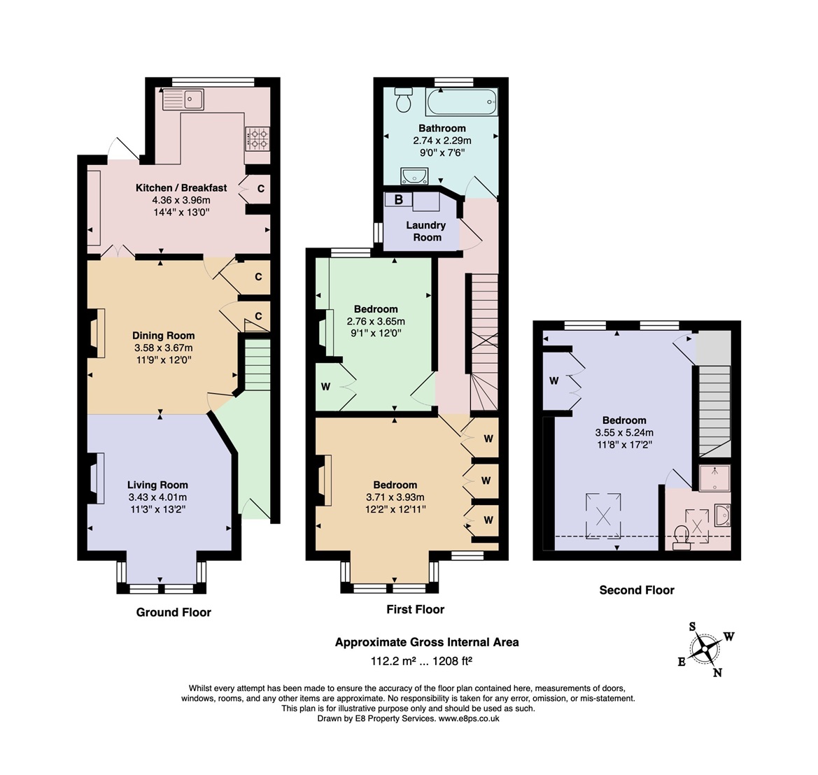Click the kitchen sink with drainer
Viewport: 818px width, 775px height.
[183, 99]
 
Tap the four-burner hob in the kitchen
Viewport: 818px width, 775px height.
[258, 138]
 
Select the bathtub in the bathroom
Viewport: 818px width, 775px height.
[462, 102]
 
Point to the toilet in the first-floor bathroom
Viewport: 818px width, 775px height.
[404, 99]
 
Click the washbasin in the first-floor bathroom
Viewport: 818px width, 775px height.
[414, 176]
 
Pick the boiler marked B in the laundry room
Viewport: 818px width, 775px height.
[399, 200]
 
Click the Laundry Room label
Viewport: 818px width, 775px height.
[426, 231]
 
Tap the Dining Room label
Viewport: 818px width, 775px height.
[163, 335]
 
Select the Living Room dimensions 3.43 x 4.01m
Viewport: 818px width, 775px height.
[157, 497]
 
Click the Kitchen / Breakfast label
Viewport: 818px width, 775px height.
[181, 187]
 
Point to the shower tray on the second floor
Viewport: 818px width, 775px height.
[715, 478]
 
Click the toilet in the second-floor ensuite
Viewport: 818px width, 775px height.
[682, 537]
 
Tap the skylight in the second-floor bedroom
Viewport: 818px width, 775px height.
[603, 516]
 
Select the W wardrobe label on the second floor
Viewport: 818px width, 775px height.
[554, 381]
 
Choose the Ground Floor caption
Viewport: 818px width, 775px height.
[174, 612]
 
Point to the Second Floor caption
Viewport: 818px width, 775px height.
[637, 590]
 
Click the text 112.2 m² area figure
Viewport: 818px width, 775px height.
[393, 661]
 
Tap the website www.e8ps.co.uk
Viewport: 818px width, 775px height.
[468, 718]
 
